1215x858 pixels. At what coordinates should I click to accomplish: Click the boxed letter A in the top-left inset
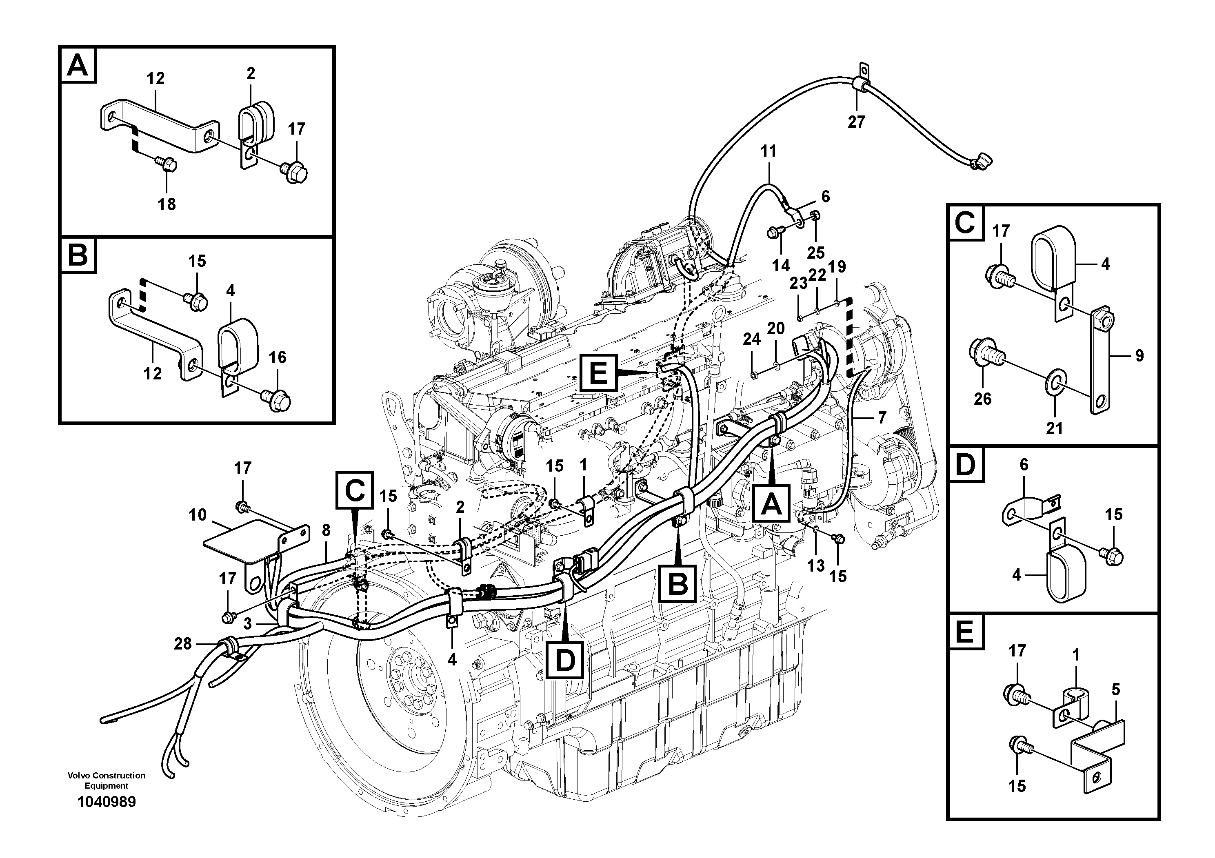click(78, 66)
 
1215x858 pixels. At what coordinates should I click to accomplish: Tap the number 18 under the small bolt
click(167, 204)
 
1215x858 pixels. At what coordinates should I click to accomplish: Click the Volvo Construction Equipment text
click(107, 780)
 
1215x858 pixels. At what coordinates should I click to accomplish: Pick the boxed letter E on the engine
click(598, 373)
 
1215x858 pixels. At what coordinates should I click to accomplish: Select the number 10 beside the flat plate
click(198, 515)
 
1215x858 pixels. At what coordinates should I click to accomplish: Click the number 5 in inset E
click(1115, 689)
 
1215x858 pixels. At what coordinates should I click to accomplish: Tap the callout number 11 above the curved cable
click(769, 151)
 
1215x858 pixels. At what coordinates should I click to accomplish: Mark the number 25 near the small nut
click(815, 253)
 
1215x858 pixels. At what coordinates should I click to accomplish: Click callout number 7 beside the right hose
click(882, 418)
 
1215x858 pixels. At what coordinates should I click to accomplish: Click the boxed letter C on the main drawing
click(355, 490)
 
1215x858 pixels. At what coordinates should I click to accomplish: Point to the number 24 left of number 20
click(751, 339)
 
